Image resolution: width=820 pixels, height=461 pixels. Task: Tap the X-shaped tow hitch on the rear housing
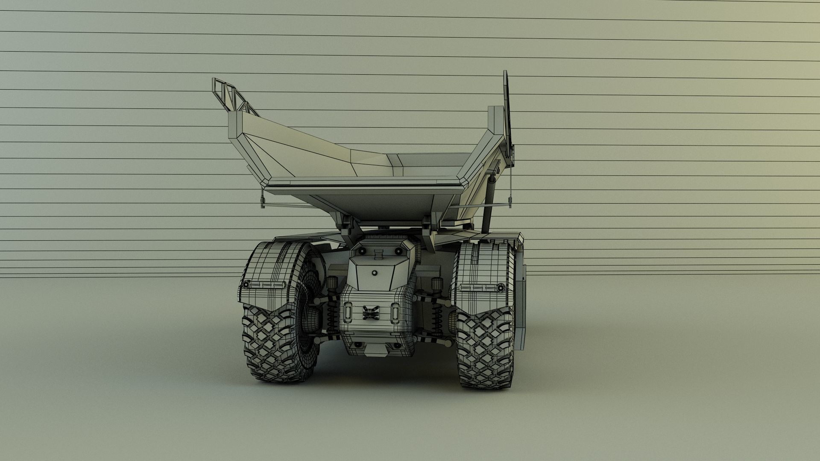pos(371,313)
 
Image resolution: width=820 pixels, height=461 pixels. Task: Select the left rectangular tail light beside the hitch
pos(348,312)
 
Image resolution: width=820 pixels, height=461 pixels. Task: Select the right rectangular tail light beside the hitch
pos(395,312)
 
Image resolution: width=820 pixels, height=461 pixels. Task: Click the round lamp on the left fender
pos(246,285)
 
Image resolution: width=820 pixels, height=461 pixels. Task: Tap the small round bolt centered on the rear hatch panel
pos(375,272)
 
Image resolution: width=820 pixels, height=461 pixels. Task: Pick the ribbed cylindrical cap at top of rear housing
pos(378,254)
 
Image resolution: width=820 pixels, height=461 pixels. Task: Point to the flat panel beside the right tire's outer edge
pos(522,303)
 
